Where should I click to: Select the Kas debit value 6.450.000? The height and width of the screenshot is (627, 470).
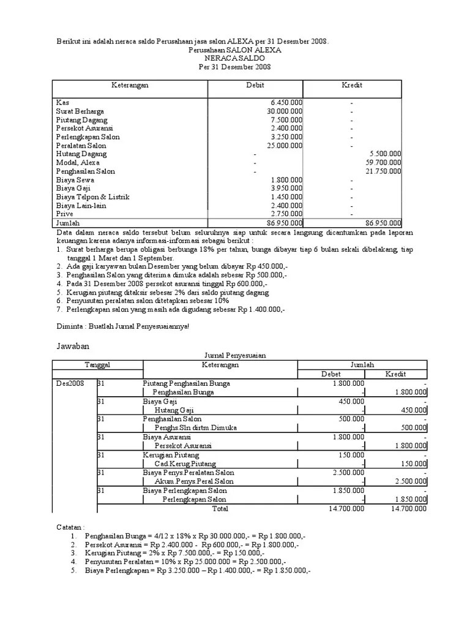(x=286, y=103)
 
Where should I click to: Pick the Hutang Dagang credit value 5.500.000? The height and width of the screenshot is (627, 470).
(x=386, y=154)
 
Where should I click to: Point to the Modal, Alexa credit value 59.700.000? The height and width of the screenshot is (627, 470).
(x=383, y=163)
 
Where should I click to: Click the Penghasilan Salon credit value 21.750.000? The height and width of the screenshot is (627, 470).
(x=383, y=171)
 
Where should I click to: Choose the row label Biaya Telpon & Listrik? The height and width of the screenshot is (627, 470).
(x=92, y=197)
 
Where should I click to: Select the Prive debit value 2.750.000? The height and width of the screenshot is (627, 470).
(x=286, y=214)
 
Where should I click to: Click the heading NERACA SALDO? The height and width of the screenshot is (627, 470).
(x=234, y=58)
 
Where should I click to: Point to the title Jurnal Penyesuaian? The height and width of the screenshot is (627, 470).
(x=234, y=355)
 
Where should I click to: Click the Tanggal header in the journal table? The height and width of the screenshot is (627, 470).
(x=97, y=365)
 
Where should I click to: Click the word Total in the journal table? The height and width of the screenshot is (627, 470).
(x=220, y=508)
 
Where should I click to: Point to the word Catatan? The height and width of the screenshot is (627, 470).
(x=70, y=527)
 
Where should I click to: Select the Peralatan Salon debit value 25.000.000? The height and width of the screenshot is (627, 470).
(x=283, y=146)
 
